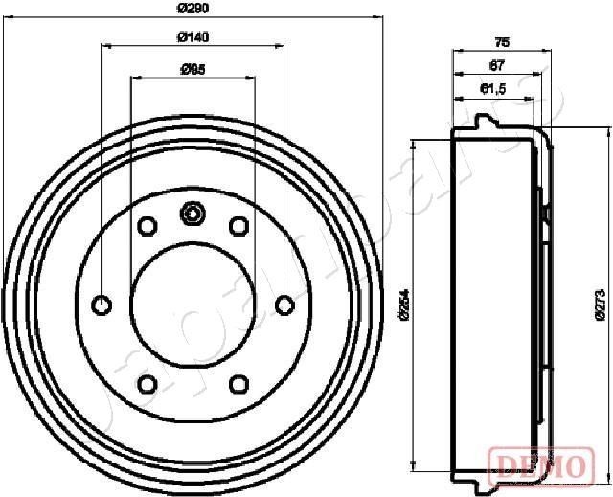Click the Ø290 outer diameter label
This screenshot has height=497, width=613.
tap(193, 9)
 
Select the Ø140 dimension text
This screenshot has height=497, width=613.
tap(193, 37)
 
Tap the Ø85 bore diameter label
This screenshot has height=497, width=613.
tap(193, 69)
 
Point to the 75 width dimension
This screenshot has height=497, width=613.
tap(501, 41)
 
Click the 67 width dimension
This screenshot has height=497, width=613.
tap(495, 65)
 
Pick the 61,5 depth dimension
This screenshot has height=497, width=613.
tap(491, 89)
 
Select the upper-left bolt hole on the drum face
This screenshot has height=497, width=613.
tap(148, 226)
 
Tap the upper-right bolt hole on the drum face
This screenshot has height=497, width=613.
tap(238, 226)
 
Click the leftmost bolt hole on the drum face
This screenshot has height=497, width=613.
tap(101, 305)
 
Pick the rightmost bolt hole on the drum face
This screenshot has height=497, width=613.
tap(284, 305)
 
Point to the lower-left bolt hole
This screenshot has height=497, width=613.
tap(148, 384)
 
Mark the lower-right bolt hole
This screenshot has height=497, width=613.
tap(238, 384)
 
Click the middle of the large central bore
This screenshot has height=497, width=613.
tap(193, 305)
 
